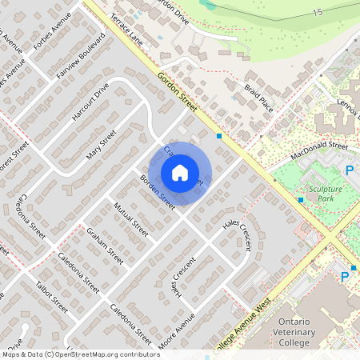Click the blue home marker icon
click(180, 172)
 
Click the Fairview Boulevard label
click(82, 58)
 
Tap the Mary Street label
click(102, 146)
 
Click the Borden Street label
click(158, 193)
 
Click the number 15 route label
click(318, 13)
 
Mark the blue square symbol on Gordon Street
click(218, 136)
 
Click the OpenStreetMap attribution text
click(80, 354)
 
